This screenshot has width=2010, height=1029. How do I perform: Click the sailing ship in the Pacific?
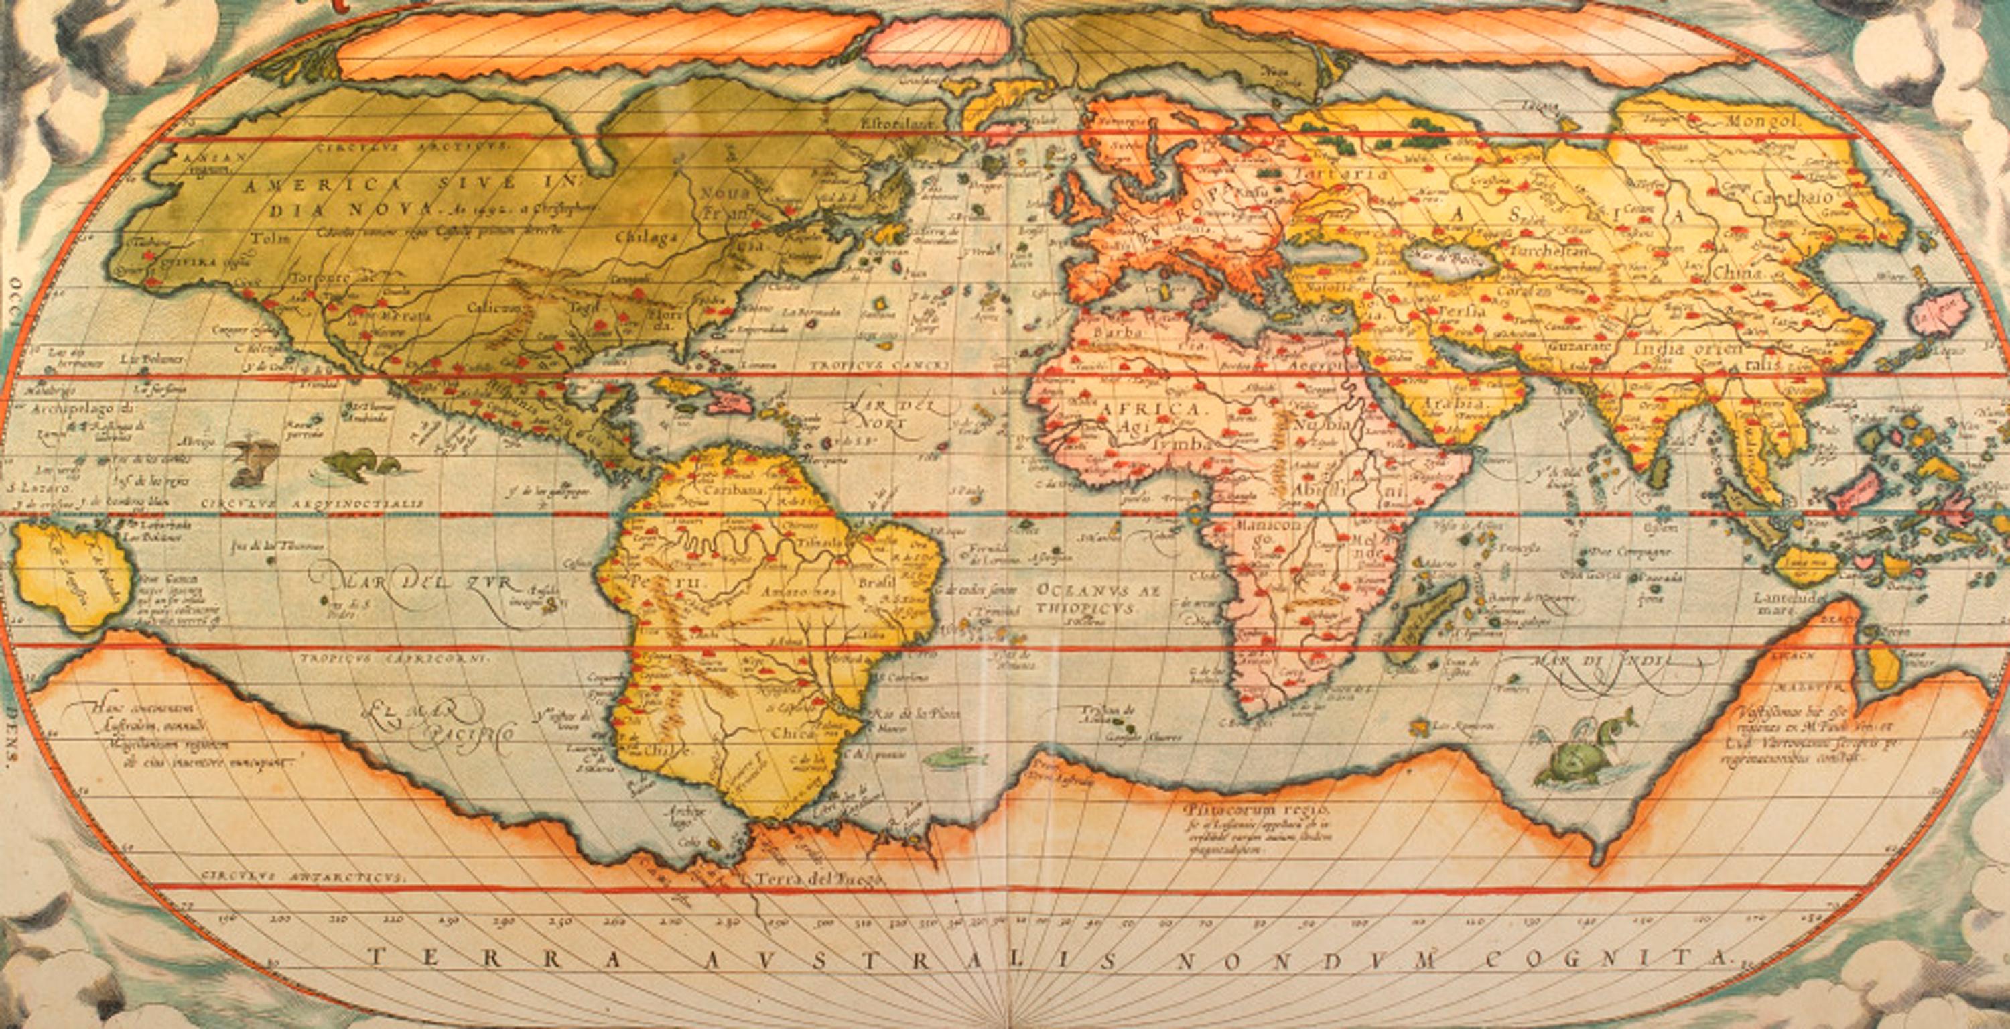pyautogui.click(x=251, y=461)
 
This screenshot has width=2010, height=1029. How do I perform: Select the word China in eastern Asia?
pyautogui.click(x=1738, y=274)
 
